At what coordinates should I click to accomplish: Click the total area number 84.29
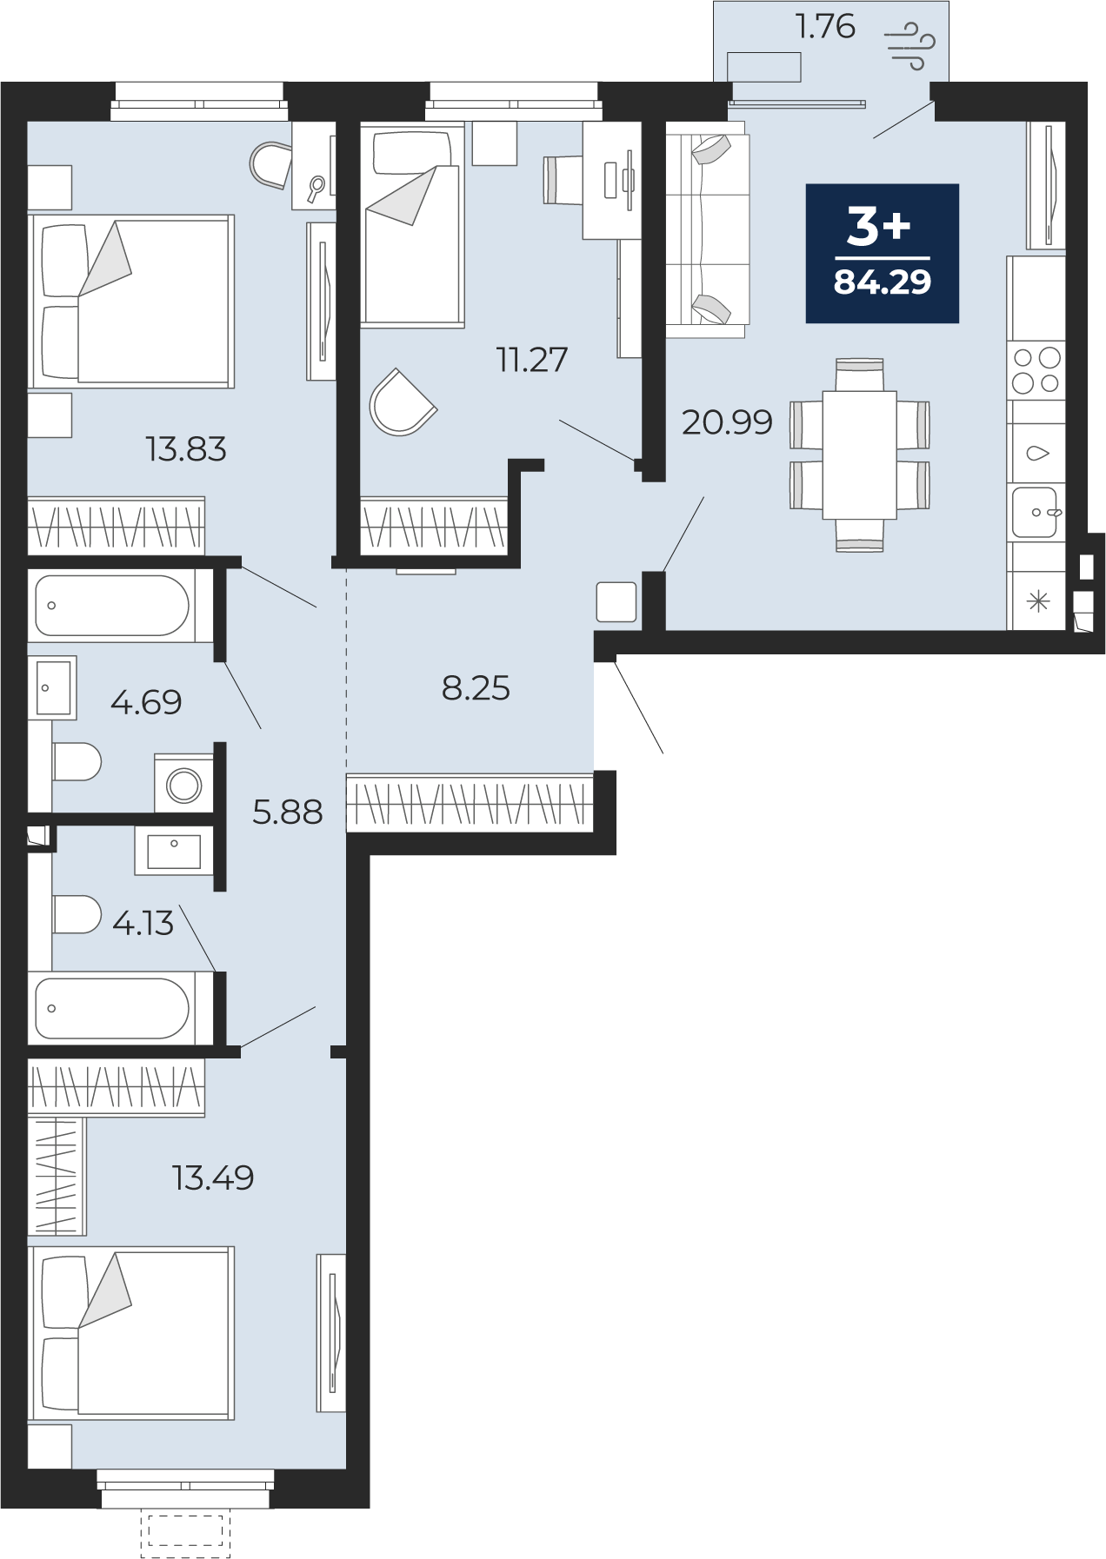(x=883, y=282)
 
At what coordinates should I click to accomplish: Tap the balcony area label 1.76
(x=825, y=26)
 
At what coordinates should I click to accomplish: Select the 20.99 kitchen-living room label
(x=727, y=422)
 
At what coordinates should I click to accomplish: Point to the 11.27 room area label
(x=532, y=360)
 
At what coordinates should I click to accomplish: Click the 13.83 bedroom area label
(x=186, y=449)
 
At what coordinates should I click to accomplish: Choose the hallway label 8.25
(x=476, y=688)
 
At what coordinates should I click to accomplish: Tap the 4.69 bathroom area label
(x=146, y=702)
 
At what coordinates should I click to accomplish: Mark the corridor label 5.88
(x=287, y=813)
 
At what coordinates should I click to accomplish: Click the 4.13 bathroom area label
(x=143, y=923)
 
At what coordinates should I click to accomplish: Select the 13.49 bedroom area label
(x=213, y=1178)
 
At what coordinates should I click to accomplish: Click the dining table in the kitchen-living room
(x=859, y=454)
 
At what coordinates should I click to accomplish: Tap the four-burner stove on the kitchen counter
(x=1036, y=370)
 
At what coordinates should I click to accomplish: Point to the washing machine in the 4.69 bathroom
(x=183, y=784)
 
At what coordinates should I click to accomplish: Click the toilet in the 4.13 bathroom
(x=77, y=914)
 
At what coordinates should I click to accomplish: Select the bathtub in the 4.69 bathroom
(x=111, y=606)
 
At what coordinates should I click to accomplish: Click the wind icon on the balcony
(x=909, y=45)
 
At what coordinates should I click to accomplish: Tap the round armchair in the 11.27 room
(x=402, y=402)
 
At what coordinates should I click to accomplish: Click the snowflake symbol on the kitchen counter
(x=1038, y=601)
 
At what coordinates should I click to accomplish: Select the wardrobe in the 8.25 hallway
(x=470, y=802)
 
